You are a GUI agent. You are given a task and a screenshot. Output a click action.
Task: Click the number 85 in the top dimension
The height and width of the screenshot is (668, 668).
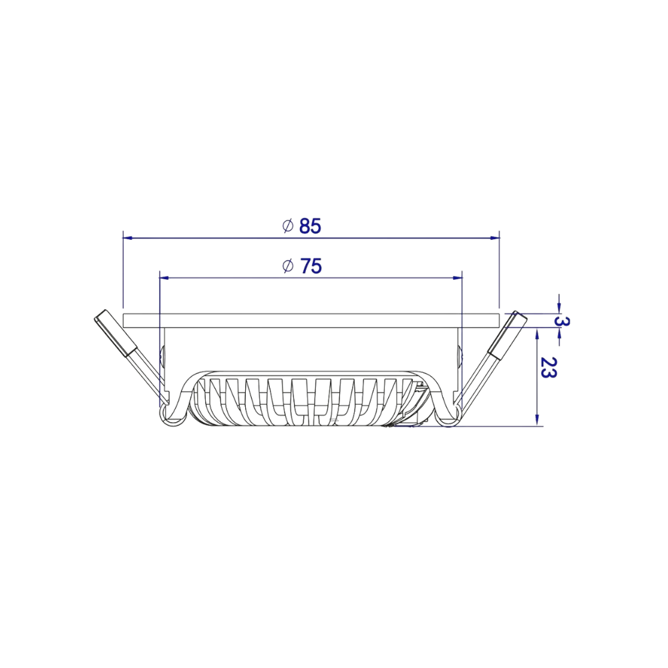coord(310,226)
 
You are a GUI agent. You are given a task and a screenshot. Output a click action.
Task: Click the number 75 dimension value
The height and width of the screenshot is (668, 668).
coord(310,267)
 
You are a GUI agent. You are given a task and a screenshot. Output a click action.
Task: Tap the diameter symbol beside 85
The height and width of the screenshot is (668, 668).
coord(288,226)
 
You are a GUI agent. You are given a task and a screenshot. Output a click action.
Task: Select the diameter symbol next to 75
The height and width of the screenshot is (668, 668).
coord(288,267)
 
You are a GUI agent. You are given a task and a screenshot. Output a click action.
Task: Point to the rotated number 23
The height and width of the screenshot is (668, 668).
coord(548,368)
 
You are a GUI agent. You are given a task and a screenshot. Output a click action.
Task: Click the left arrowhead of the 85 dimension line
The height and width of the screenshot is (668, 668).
coord(128,237)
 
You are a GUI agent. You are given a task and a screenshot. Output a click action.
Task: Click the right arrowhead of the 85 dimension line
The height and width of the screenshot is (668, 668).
coord(495,237)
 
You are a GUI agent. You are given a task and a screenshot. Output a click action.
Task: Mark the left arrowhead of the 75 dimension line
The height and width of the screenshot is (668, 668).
coord(164,277)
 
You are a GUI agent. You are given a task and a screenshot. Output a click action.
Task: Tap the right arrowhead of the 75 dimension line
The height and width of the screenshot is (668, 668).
coord(458,277)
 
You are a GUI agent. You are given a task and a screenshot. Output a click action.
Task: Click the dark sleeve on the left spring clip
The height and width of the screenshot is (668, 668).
coord(116,333)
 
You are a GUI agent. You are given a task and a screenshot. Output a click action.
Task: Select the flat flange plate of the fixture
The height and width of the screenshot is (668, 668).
coord(311,319)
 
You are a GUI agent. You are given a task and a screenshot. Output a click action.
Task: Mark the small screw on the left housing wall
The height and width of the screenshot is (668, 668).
coord(163,356)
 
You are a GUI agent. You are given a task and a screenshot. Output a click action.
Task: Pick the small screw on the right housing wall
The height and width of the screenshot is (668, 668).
coord(459,356)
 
